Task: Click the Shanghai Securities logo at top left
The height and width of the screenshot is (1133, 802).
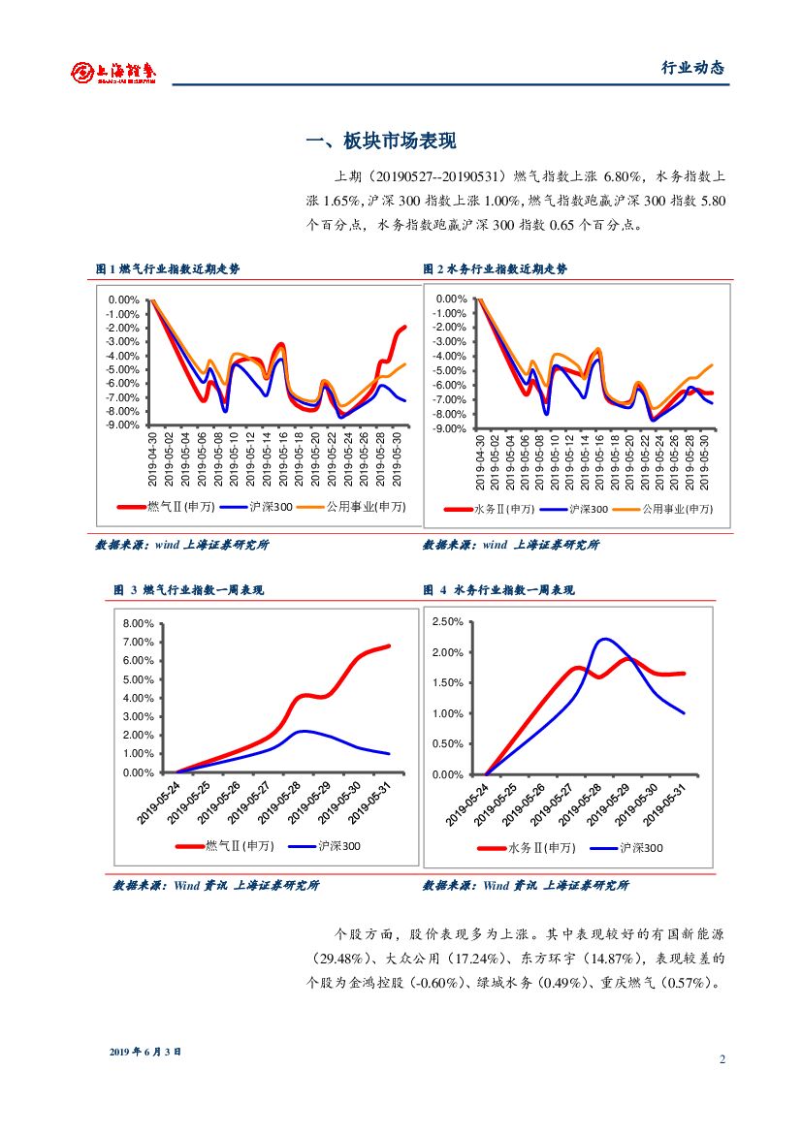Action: coord(113,72)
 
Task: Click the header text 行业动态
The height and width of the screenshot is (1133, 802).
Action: coord(692,68)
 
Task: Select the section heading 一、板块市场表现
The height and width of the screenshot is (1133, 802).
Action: coord(380,142)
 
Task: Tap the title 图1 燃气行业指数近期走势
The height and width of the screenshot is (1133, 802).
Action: coord(168,269)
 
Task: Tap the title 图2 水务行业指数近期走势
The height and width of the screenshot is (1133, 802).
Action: coord(495,269)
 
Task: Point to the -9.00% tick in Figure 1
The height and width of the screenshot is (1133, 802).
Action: coord(123,425)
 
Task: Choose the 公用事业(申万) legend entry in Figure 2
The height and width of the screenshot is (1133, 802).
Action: coord(677,509)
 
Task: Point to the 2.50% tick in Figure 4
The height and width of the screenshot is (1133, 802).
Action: coord(447,621)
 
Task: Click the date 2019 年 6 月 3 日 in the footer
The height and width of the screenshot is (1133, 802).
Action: coord(145,1052)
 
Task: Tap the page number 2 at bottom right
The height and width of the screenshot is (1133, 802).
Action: coord(722,1058)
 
